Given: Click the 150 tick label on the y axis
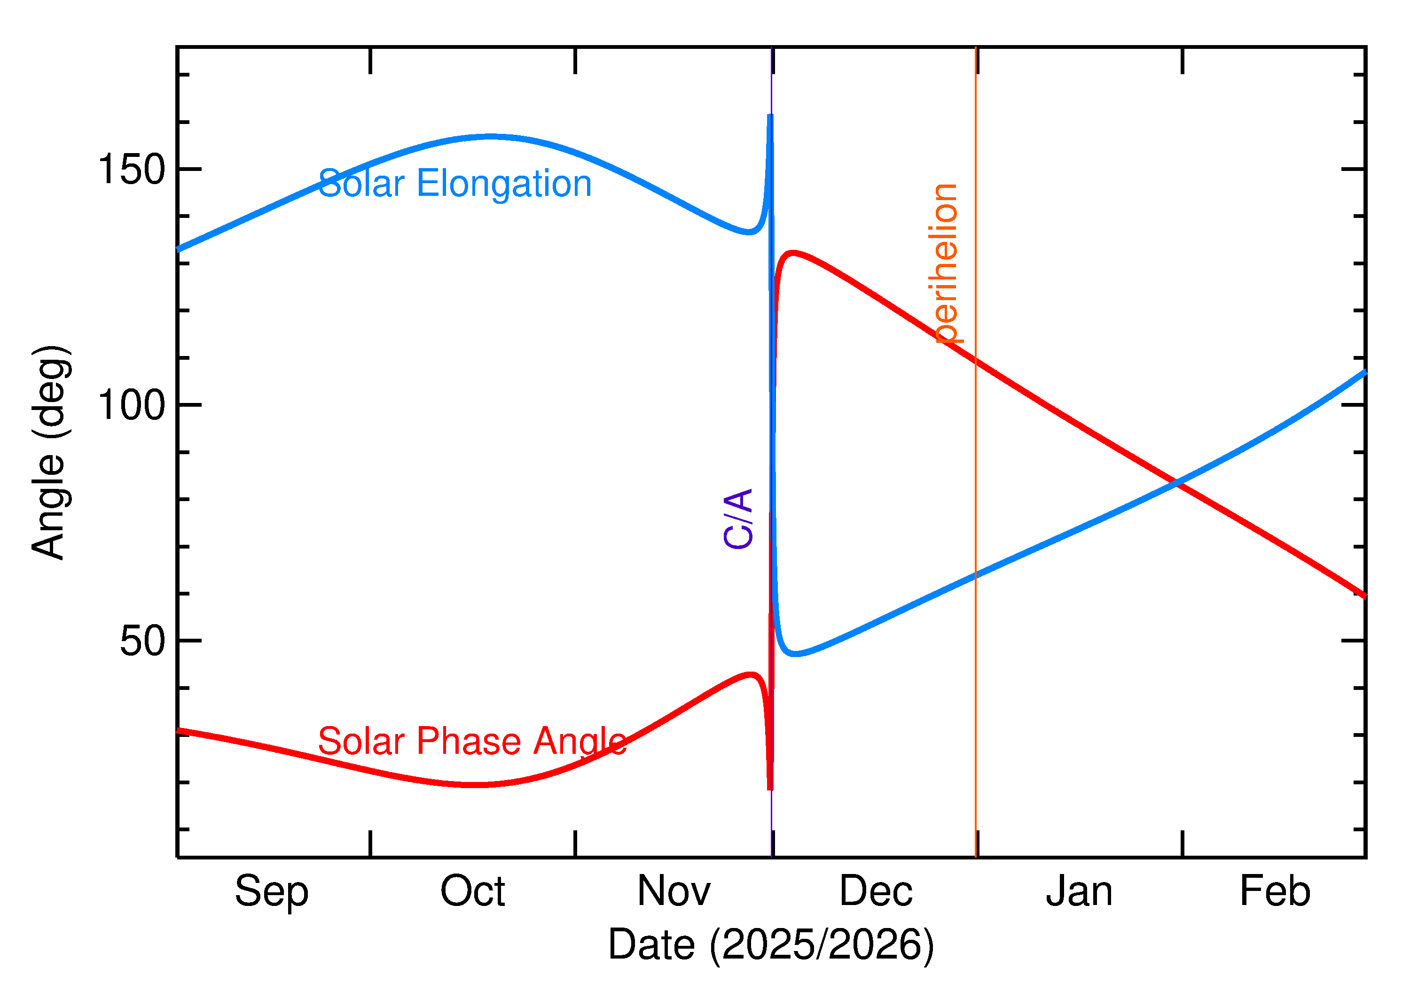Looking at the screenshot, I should [132, 170].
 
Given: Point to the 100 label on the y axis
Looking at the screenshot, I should [132, 406].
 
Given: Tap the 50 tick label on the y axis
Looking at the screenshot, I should [143, 642].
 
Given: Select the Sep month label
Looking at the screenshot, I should [271, 892].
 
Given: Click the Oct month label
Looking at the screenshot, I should [472, 892].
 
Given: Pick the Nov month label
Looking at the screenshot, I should [674, 892].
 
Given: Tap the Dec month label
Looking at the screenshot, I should [876, 892].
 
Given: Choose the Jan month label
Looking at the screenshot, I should [1079, 892].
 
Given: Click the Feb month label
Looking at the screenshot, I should [1275, 892].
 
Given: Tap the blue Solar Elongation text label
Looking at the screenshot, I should [454, 183].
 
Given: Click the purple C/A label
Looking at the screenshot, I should [738, 518].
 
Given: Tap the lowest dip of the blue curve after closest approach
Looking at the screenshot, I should [796, 654].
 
